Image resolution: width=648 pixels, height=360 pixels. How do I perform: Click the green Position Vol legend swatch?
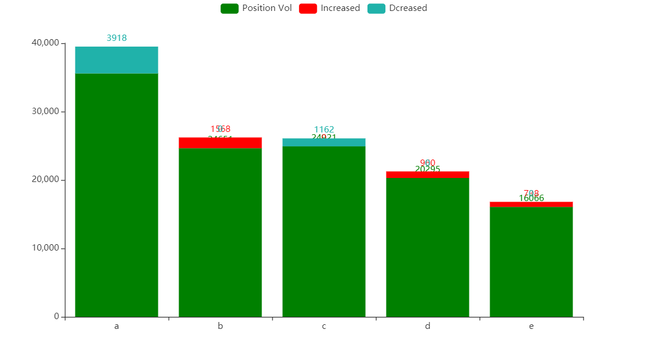click(x=230, y=9)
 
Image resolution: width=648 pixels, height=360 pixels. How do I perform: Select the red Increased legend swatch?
click(x=308, y=9)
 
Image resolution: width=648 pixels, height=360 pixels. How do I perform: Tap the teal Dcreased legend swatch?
click(x=376, y=9)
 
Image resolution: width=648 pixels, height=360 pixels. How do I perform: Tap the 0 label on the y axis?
click(x=56, y=316)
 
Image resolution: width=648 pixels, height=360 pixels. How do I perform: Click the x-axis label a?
click(x=116, y=327)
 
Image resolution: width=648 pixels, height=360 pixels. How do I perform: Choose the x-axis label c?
click(x=324, y=327)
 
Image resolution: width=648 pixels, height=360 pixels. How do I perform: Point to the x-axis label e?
click(x=531, y=327)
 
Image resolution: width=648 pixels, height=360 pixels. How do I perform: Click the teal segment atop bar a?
click(x=116, y=60)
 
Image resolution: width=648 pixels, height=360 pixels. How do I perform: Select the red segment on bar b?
click(x=220, y=143)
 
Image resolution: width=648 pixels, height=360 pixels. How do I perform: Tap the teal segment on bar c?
click(x=324, y=142)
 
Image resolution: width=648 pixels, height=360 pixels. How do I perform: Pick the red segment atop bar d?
click(x=427, y=175)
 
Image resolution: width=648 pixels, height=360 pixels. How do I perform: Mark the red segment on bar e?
click(x=531, y=204)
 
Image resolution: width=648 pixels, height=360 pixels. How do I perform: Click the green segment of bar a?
click(x=116, y=196)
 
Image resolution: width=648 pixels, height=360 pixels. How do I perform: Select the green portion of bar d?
click(x=427, y=248)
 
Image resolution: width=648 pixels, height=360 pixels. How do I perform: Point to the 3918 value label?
click(x=116, y=38)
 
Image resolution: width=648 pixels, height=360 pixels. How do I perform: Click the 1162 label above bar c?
click(x=324, y=130)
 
